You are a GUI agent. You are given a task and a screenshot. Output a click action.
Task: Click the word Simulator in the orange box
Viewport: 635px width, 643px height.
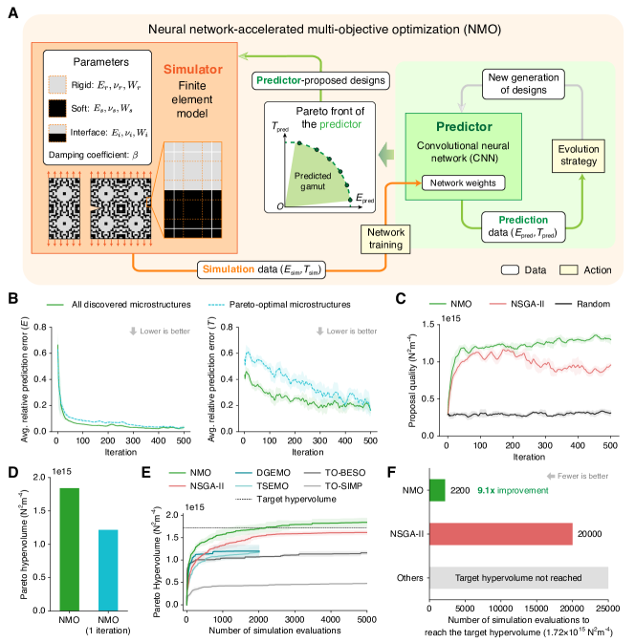(x=194, y=70)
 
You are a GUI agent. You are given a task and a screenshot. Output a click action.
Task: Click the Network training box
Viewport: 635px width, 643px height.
(x=386, y=239)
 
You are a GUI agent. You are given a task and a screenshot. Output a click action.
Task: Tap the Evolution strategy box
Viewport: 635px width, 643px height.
(x=579, y=154)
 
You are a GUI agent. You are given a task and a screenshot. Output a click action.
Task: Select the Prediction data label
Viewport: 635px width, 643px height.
(x=521, y=225)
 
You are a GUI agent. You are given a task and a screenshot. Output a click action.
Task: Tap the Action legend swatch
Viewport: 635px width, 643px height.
(x=565, y=269)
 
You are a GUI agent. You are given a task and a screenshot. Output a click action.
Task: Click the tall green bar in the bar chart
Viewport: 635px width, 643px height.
(x=70, y=548)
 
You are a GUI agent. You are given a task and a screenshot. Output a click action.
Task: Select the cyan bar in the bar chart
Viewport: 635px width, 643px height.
(x=108, y=569)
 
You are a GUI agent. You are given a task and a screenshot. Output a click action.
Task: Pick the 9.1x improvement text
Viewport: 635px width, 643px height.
(x=513, y=491)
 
